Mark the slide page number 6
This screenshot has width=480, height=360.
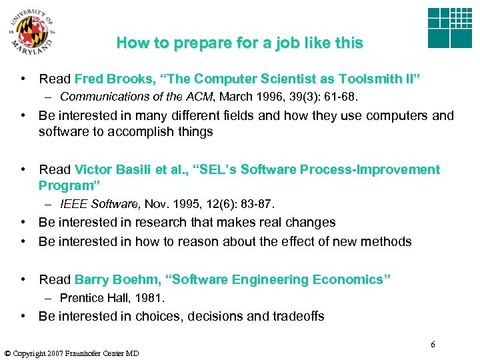(433, 344)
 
